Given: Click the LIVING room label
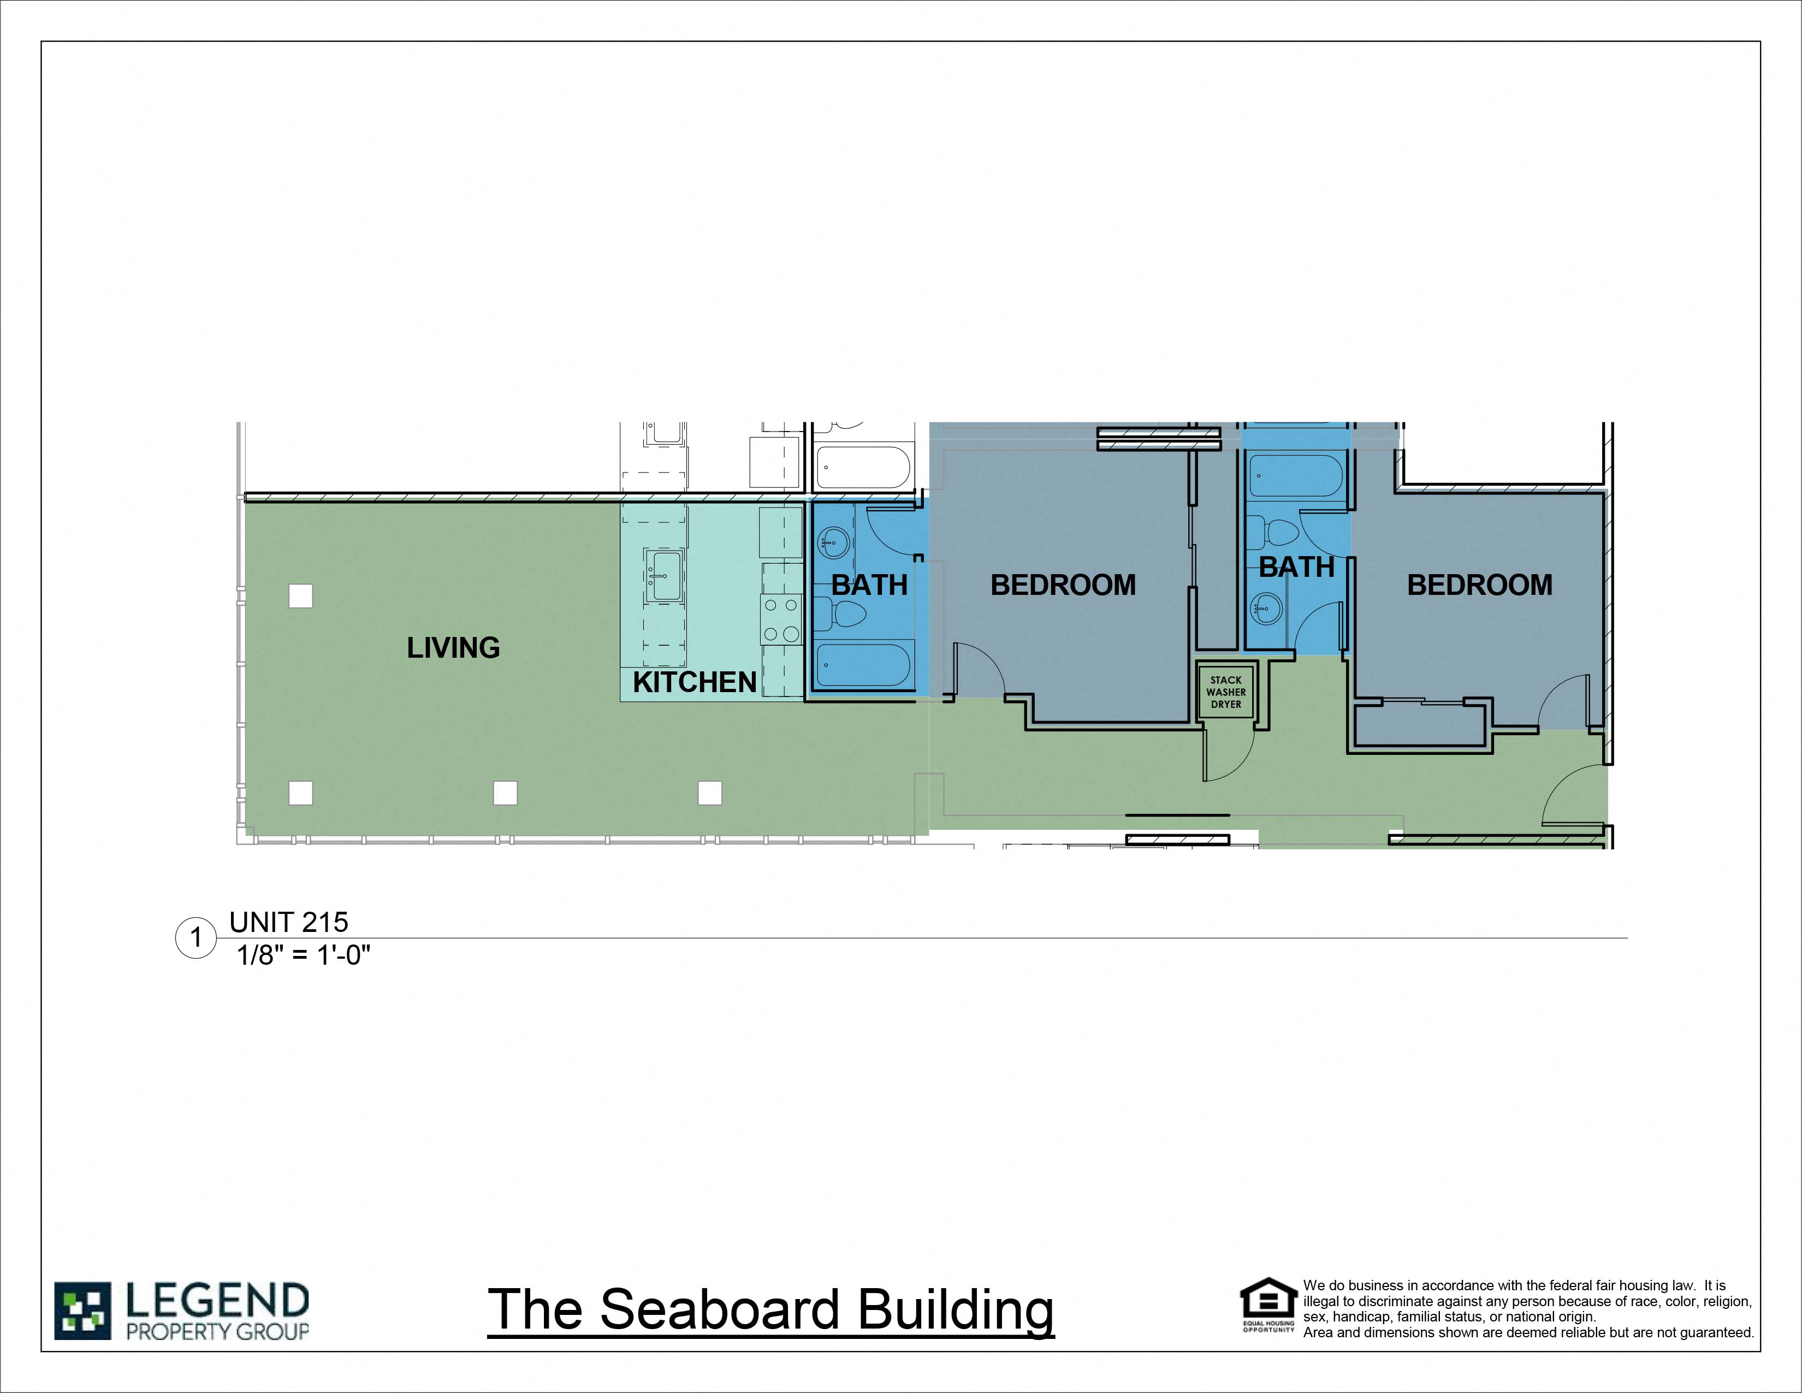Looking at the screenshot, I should tap(453, 648).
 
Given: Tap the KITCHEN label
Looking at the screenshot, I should tap(694, 682).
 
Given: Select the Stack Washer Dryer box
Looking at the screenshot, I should tap(1226, 692).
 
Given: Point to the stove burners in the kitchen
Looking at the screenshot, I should tap(780, 620).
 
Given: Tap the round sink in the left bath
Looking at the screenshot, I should tap(831, 543).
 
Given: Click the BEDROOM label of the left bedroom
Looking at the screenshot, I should tap(1063, 585).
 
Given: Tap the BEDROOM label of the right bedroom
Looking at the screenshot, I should tap(1479, 585).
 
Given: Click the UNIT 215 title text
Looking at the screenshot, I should tap(289, 922).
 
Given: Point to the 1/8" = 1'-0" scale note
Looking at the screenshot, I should tap(304, 955).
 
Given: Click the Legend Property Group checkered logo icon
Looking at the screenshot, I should tap(82, 1311).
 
